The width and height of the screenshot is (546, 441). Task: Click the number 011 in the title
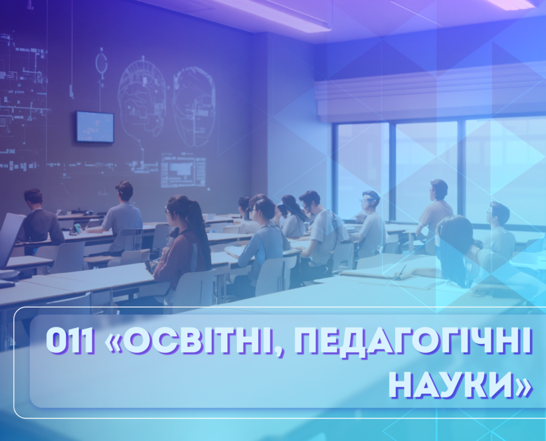point(70,341)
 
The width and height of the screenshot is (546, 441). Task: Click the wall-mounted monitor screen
point(95,126)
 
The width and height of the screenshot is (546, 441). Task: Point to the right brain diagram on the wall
point(194,106)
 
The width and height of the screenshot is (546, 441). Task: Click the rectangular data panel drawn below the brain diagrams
point(183,172)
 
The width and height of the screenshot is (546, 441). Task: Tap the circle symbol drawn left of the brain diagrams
point(101,63)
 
